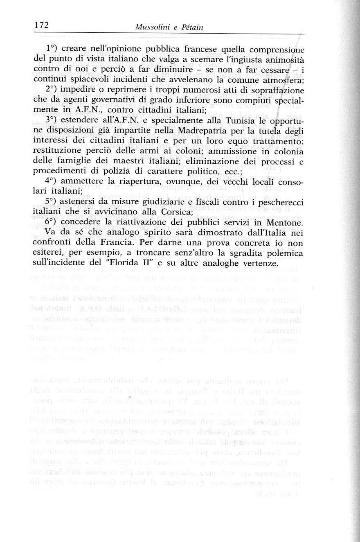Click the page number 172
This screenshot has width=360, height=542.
(41, 25)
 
